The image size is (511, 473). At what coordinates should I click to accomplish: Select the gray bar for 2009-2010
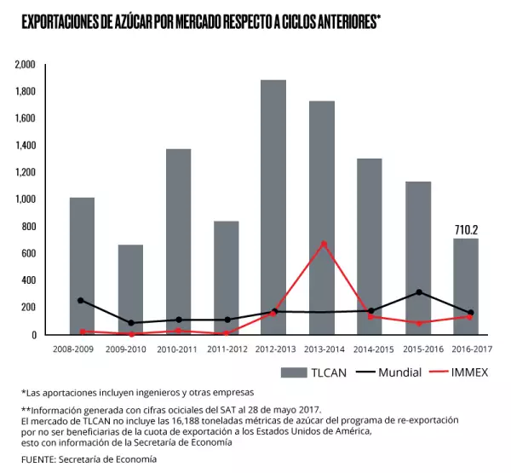130,290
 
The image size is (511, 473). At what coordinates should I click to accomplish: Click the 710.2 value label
464,229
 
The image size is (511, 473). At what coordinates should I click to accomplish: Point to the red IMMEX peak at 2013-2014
324,244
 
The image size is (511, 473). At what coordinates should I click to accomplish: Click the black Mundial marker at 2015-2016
418,292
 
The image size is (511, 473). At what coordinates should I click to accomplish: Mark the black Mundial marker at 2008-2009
82,300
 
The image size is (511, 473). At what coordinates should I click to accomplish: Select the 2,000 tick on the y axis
26,65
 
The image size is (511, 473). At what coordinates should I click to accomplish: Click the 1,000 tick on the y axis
26,199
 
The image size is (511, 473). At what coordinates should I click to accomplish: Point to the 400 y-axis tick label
29,280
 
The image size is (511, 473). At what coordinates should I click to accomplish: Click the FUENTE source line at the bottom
89,459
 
